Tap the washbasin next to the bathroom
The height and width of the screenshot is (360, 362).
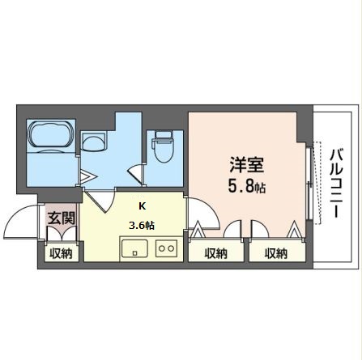pyautogui.click(x=96, y=143)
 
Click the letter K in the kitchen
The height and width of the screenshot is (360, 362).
pyautogui.click(x=143, y=205)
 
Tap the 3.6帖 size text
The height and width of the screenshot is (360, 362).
pyautogui.click(x=143, y=226)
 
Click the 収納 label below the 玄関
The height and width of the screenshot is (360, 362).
pyautogui.click(x=60, y=254)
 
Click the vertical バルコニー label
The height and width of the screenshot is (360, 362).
pyautogui.click(x=334, y=184)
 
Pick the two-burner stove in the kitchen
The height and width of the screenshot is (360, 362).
pyautogui.click(x=166, y=248)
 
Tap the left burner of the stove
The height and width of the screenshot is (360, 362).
pyautogui.click(x=160, y=248)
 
